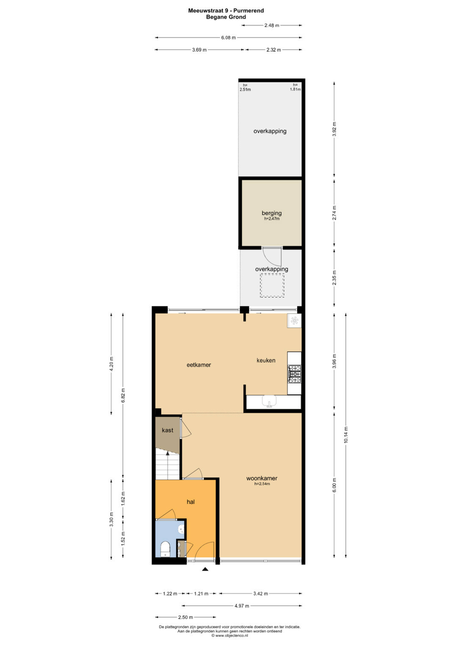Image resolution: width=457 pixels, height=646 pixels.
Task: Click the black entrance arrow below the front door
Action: [205, 569]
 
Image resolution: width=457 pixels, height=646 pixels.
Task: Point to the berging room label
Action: [272, 213]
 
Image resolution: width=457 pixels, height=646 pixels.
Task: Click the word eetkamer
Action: [199, 365]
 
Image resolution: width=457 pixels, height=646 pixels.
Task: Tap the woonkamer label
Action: [262, 478]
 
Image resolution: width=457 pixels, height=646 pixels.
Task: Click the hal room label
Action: [191, 502]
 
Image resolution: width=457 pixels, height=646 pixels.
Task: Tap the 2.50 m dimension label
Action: [185, 617]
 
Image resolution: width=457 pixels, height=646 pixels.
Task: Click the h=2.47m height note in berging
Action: [272, 219]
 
